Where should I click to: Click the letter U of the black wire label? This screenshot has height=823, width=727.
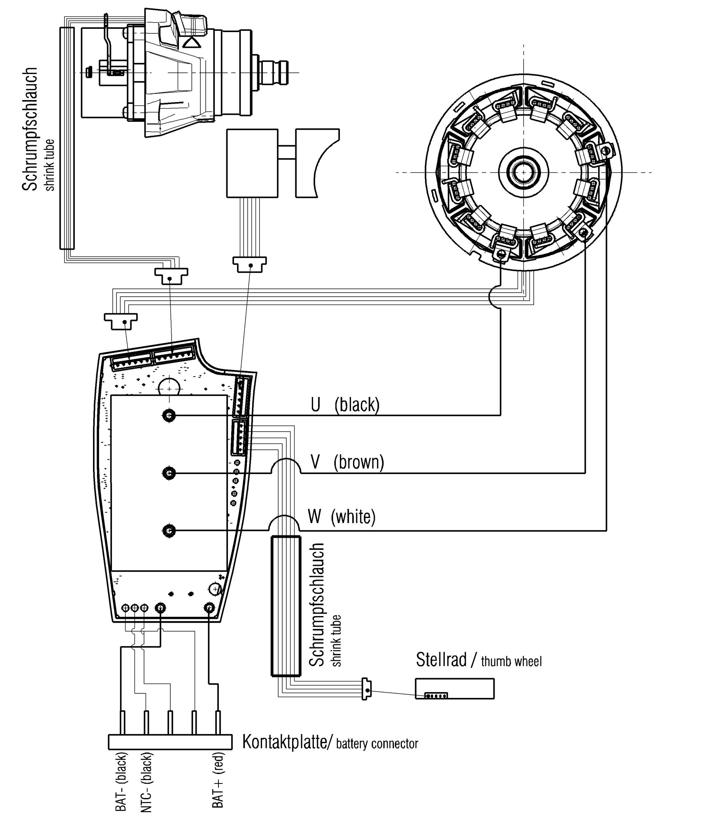click(x=315, y=405)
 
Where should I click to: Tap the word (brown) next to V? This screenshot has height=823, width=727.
click(x=359, y=463)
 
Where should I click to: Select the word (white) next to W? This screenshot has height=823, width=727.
click(x=353, y=516)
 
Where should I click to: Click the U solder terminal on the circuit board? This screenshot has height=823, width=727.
click(x=169, y=415)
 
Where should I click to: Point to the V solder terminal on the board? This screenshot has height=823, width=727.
click(x=169, y=473)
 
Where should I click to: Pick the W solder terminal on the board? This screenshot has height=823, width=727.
click(x=169, y=531)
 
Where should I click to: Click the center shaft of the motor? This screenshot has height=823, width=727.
click(x=523, y=172)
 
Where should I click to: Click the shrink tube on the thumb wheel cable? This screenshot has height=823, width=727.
click(x=286, y=606)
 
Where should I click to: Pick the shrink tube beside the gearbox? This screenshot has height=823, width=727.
click(x=67, y=138)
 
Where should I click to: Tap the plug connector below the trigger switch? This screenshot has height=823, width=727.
click(x=249, y=264)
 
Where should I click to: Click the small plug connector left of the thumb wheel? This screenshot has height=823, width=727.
click(x=366, y=688)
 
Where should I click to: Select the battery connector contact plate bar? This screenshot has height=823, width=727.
click(x=170, y=742)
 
